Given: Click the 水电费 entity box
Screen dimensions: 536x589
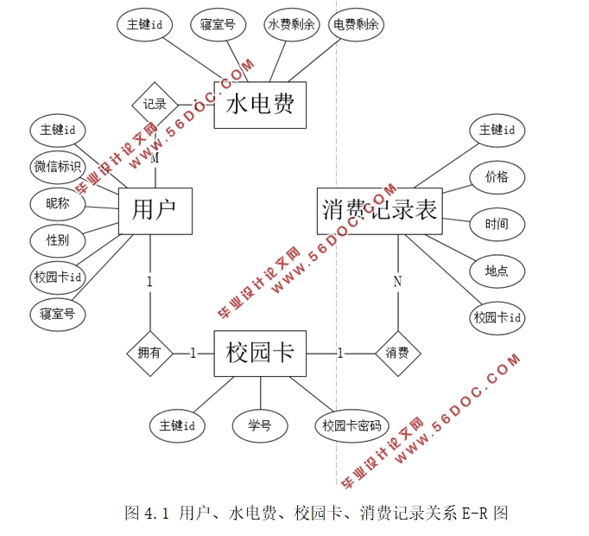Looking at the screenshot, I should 260,105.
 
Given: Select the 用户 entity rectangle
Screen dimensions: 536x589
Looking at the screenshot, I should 155,211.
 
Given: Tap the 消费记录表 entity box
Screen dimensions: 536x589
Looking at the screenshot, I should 379,210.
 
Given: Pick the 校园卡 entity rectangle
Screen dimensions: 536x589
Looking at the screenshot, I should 260,353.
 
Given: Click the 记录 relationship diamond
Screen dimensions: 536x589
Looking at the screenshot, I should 155,105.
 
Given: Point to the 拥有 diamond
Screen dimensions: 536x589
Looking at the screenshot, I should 149,353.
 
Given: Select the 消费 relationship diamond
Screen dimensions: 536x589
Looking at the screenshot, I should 397,353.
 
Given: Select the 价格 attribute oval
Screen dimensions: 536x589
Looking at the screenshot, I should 497,178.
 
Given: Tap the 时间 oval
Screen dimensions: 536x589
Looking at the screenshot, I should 497,225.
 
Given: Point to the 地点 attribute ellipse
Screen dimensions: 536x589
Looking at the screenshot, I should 497,271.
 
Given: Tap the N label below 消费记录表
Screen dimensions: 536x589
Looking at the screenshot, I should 397,281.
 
